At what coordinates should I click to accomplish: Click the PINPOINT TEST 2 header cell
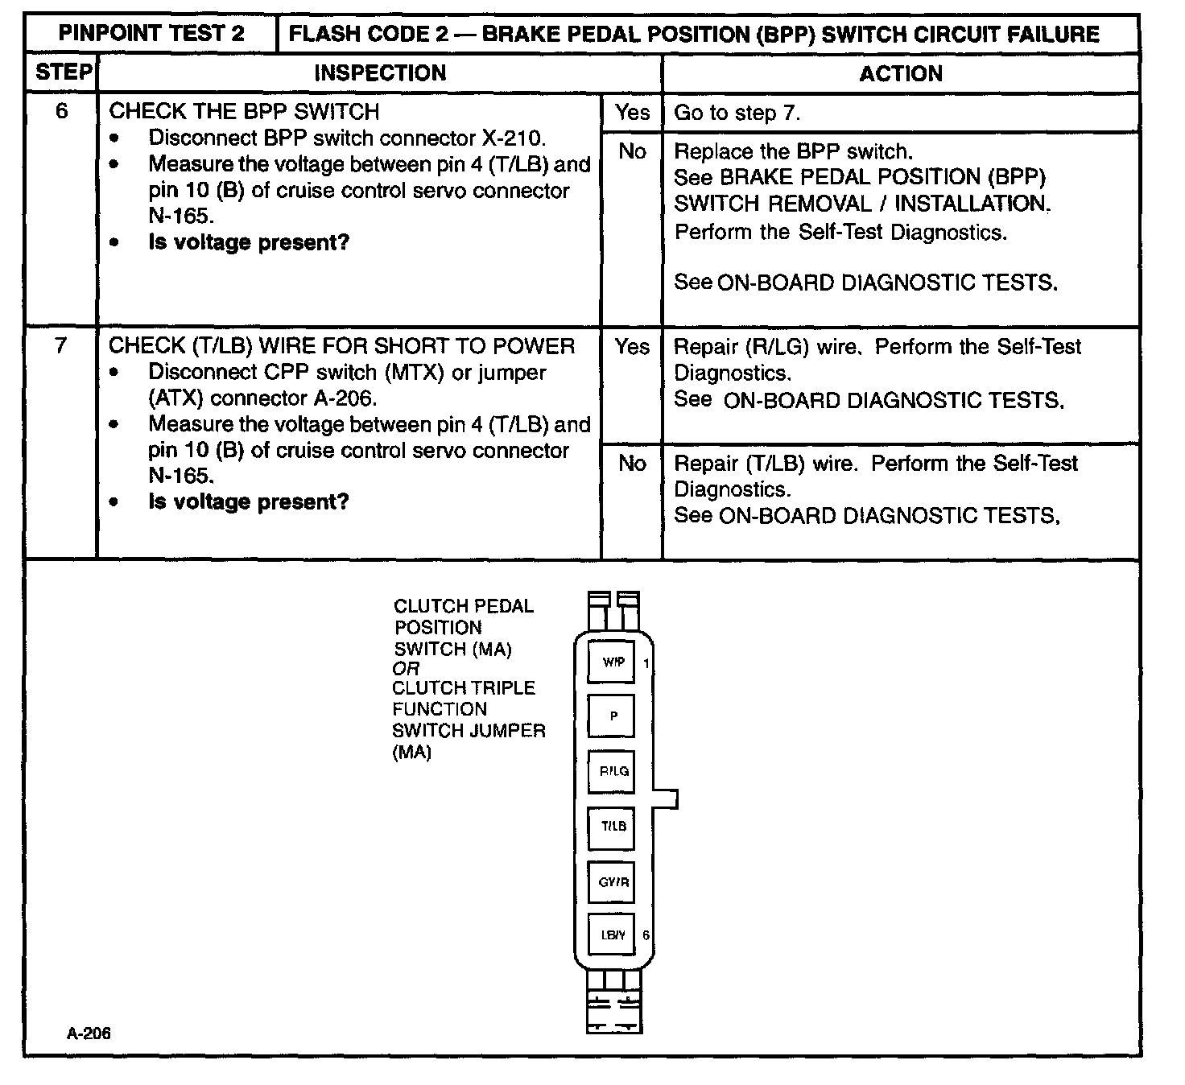pyautogui.click(x=151, y=34)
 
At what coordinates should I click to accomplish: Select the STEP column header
pyautogui.click(x=63, y=72)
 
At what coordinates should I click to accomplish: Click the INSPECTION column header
pyautogui.click(x=379, y=73)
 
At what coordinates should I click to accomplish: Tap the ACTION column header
pyautogui.click(x=900, y=74)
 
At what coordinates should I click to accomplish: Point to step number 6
pyautogui.click(x=62, y=111)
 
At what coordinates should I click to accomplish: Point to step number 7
pyautogui.click(x=61, y=346)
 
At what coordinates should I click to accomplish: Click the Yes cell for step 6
pyautogui.click(x=632, y=113)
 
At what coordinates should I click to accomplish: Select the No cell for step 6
pyautogui.click(x=632, y=151)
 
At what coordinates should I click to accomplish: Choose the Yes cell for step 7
pyautogui.click(x=632, y=347)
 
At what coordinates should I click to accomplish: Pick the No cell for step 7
pyautogui.click(x=632, y=464)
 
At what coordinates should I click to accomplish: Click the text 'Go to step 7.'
pyautogui.click(x=737, y=113)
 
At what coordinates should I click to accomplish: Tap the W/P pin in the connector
pyautogui.click(x=612, y=662)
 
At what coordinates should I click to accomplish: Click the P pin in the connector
pyautogui.click(x=612, y=716)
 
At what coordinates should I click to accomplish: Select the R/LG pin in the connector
pyautogui.click(x=612, y=771)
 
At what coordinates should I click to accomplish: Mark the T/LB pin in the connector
pyautogui.click(x=612, y=827)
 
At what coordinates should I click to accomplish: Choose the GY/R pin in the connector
pyautogui.click(x=612, y=882)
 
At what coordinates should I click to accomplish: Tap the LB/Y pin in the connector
pyautogui.click(x=612, y=935)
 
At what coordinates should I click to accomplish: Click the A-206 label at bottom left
pyautogui.click(x=89, y=1033)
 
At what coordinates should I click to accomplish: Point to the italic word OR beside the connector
pyautogui.click(x=406, y=669)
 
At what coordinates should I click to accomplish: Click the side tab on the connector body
pyautogui.click(x=667, y=798)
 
